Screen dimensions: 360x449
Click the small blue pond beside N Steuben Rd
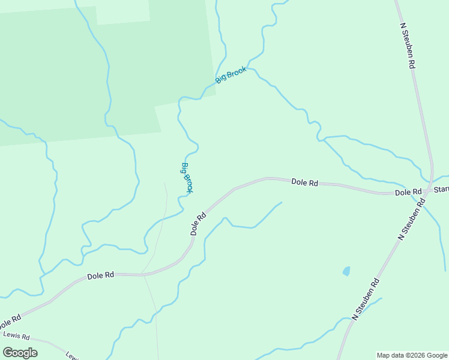point(346,271)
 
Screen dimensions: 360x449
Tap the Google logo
point(20,353)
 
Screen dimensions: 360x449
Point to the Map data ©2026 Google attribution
point(412,355)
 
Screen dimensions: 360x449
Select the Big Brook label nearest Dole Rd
point(187,178)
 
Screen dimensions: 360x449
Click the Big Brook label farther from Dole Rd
point(231,75)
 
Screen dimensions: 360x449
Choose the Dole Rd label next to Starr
point(408,192)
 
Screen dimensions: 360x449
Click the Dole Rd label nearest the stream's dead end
point(304,182)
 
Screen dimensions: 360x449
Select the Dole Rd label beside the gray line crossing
point(100,276)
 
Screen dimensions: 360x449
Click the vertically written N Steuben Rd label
point(408,46)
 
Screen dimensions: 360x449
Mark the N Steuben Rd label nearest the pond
point(366,298)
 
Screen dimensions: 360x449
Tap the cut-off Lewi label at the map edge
point(72,356)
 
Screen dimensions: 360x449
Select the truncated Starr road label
point(441,190)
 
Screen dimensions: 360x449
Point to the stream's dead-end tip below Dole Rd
point(282,203)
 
